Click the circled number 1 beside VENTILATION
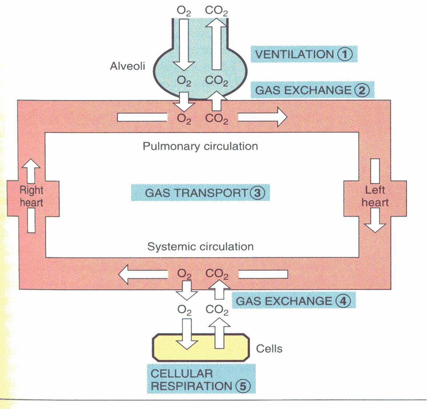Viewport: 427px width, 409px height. pos(345,55)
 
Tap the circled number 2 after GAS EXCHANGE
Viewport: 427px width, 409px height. pos(362,90)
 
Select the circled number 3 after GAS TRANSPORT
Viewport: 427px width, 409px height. pos(258,193)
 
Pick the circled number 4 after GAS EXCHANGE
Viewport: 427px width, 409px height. pos(343,301)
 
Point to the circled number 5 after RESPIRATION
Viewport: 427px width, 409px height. pos(243,386)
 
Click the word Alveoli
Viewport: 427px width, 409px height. pos(127,66)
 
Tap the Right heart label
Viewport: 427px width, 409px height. pos(32,196)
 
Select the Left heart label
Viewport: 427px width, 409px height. pos(375,196)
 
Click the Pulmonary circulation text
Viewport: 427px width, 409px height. pos(200,146)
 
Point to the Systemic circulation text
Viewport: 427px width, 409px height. pos(200,246)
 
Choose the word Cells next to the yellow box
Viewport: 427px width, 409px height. pos(269,349)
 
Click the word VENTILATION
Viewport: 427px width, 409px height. pos(294,55)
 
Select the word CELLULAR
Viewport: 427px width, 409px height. pos(181,373)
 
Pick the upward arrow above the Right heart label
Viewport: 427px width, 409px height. pos(31,171)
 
